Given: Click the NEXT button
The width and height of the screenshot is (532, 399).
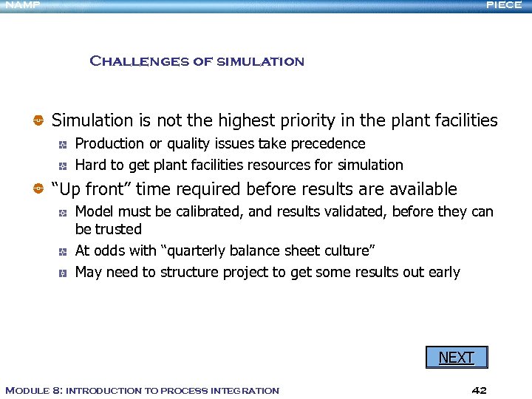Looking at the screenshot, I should click(456, 358).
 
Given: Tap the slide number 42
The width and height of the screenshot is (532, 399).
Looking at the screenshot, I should click(479, 389).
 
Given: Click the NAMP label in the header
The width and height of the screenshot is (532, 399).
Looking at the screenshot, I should click(21, 5).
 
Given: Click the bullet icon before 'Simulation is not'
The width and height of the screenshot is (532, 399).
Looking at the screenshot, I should click(38, 120).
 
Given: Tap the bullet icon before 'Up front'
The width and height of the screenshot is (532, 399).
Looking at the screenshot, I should click(38, 190).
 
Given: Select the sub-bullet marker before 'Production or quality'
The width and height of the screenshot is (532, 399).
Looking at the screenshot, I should click(65, 144).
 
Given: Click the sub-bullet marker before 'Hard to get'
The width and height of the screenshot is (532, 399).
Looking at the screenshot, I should click(65, 166).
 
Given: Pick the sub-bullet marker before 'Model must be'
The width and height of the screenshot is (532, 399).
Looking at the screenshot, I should click(65, 213).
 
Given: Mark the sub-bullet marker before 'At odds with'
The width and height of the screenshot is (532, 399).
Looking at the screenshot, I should click(65, 251).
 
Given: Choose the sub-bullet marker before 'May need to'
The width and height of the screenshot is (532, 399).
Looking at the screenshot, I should click(65, 273).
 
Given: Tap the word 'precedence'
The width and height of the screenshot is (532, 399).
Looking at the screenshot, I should click(327, 143).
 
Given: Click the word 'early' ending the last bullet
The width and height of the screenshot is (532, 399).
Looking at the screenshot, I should click(443, 272).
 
